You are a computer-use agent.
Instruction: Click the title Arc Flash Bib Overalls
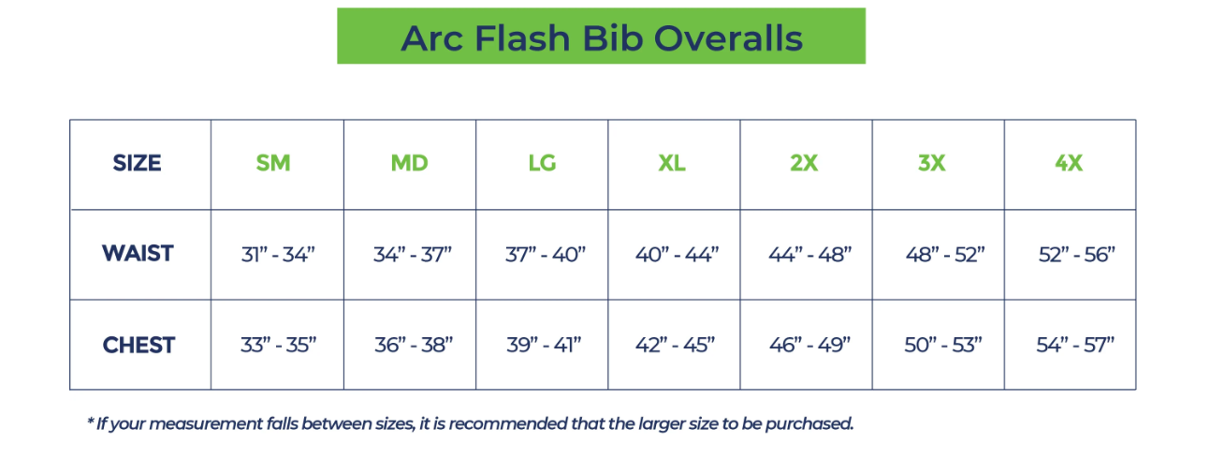[601, 37]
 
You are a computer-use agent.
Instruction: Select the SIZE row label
[137, 163]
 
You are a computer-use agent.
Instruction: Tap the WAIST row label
[138, 253]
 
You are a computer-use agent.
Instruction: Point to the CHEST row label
[138, 345]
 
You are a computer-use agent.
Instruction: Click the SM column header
[273, 163]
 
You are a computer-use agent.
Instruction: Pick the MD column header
[410, 163]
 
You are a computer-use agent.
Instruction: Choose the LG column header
[542, 163]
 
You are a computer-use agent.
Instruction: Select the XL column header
[671, 163]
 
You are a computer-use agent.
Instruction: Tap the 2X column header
[804, 163]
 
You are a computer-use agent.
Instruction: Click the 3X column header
[931, 163]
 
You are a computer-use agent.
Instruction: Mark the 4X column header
[1069, 163]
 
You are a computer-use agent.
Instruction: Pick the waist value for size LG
[544, 254]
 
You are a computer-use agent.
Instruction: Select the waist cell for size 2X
[809, 254]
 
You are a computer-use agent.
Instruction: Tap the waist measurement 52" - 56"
[1077, 254]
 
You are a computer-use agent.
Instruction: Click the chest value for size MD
[413, 345]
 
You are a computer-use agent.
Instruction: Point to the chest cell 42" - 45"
[676, 345]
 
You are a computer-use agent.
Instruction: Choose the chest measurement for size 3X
[942, 345]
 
